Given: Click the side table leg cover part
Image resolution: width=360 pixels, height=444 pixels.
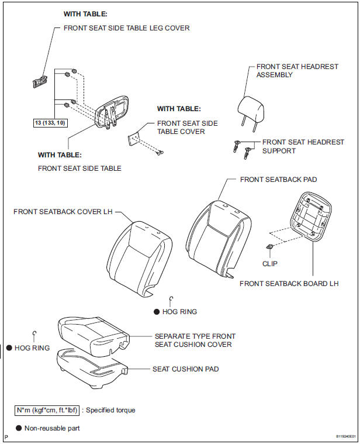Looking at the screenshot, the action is point(39,82).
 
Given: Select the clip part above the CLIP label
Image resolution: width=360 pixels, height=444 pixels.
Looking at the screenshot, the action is point(270,247).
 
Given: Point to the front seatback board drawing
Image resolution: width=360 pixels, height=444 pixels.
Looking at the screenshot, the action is point(310,216).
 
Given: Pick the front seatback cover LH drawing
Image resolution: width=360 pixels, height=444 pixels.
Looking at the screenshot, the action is point(140,259).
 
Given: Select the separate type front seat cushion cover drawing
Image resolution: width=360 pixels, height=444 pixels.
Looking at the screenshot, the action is point(94,336).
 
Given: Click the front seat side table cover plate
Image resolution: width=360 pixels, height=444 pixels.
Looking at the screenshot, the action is point(134,139).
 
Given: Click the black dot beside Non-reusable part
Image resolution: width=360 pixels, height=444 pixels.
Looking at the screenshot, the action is point(19,428).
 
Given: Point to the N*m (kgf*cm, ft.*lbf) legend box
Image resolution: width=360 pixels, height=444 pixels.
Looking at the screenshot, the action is point(47,410).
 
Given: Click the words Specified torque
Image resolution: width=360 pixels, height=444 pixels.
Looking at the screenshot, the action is point(110,410).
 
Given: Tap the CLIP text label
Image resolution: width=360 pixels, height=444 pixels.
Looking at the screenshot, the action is point(270,264).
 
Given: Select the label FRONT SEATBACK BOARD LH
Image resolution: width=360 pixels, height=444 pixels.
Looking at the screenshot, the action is point(289,284).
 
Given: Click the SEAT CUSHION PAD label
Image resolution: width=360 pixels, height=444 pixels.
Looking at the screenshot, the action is point(185,369).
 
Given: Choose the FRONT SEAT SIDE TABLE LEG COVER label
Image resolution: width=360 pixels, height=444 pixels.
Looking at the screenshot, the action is point(126,28).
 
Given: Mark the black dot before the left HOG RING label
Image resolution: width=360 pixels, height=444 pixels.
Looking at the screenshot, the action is point(9,347).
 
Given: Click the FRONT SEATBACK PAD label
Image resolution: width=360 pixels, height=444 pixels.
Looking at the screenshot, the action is point(278,180).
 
